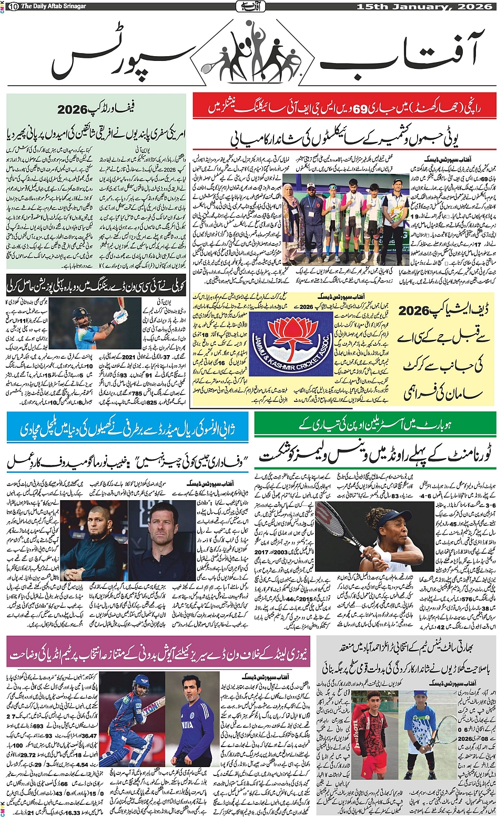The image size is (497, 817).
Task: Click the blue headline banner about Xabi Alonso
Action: [x=126, y=428]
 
